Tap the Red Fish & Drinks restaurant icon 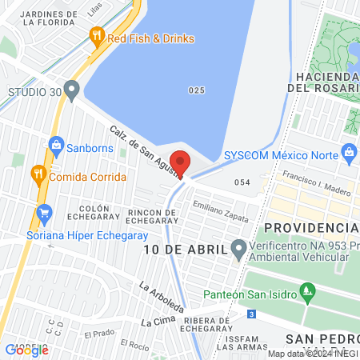pyautogui.click(x=97, y=34)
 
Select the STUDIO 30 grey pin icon pyautogui.click(x=72, y=88)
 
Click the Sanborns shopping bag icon pyautogui.click(x=56, y=146)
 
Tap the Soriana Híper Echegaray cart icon pyautogui.click(x=44, y=214)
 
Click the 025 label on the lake pyautogui.click(x=197, y=90)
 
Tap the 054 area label pyautogui.click(x=242, y=183)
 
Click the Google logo pyautogui.click(x=27, y=350)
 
